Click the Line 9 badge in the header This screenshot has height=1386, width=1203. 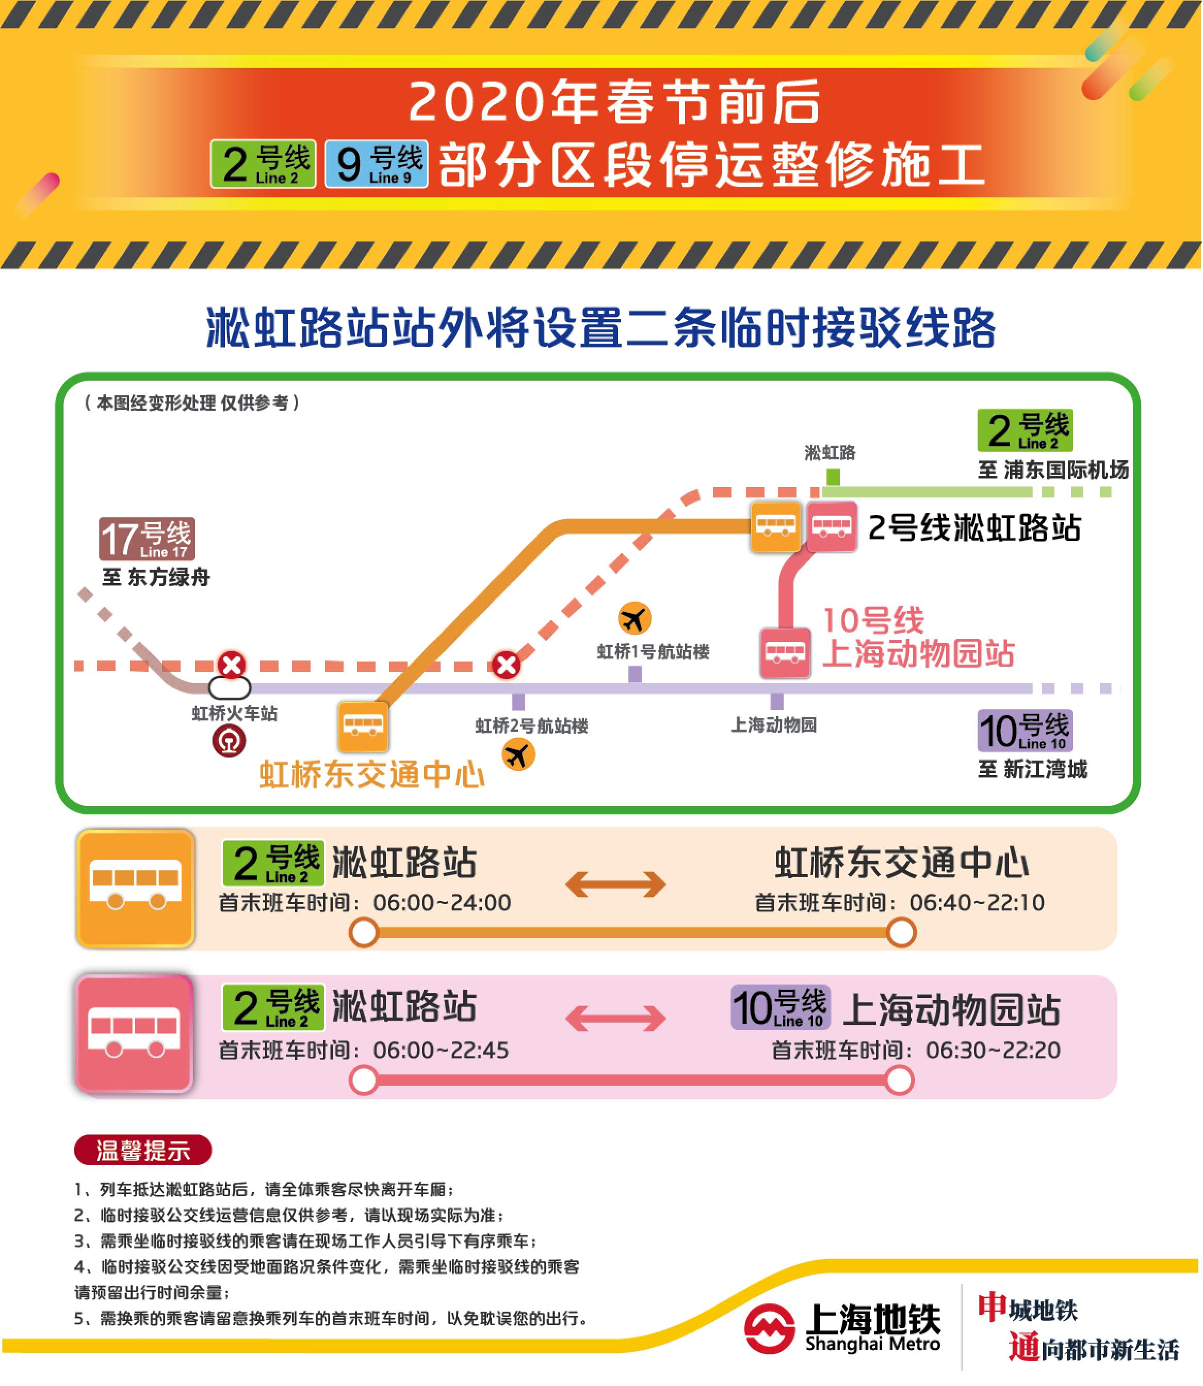point(377,164)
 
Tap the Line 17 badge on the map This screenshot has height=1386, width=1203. point(147,539)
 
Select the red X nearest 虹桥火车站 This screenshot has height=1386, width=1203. point(232,665)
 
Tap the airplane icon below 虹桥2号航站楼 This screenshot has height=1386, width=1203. point(518,755)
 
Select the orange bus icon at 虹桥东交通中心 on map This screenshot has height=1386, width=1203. point(363,726)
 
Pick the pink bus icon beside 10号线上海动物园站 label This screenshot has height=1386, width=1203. point(785,652)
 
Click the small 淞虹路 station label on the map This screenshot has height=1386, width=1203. point(831,453)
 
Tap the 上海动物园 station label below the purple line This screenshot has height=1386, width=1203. point(773,725)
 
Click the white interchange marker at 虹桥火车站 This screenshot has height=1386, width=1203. point(230,688)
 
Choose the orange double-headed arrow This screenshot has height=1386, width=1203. point(615,884)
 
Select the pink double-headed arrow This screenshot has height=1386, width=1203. point(615,1018)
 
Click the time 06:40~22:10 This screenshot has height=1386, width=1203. point(977,902)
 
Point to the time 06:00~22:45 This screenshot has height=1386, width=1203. point(441,1050)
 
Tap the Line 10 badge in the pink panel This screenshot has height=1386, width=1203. point(780,1007)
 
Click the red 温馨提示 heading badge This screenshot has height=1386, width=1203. point(143,1150)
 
